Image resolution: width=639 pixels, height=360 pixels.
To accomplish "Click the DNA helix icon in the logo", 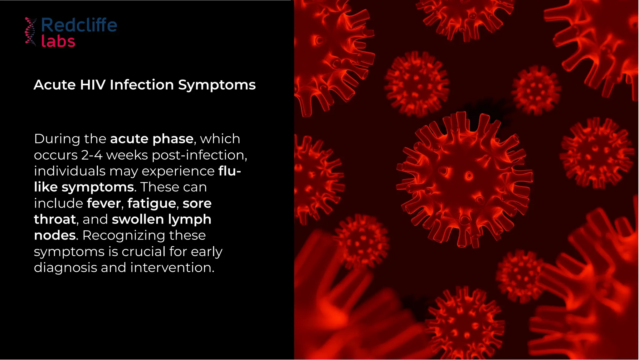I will coord(31,32).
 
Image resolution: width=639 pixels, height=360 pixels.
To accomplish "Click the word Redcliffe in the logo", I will coord(79,25).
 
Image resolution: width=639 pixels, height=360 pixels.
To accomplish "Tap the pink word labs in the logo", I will coord(58,42).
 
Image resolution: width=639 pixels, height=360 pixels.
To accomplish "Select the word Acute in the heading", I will coord(55,85).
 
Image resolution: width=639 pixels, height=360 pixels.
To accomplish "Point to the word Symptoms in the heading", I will coord(217,85).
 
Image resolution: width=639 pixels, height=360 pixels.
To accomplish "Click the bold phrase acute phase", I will coord(152,139).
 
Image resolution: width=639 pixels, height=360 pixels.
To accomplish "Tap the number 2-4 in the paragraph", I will coord(92,155).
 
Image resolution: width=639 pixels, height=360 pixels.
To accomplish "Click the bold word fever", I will coord(104,204).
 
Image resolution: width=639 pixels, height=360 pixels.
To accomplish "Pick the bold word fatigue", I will coord(152,204).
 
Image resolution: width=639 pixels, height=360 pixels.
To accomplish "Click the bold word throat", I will coord(55,219).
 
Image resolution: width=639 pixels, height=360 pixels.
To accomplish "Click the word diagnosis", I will coord(65,268).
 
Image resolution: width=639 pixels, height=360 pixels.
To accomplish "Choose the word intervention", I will coord(172,268).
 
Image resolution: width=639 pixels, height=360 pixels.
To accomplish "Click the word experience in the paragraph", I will coord(178,171).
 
